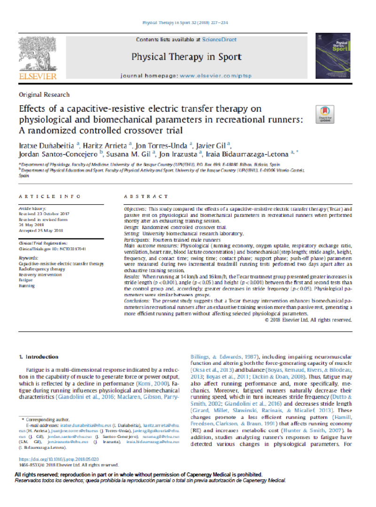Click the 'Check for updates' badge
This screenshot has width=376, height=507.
pyautogui.click(x=325, y=114)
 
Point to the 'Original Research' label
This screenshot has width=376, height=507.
pyautogui.click(x=44, y=94)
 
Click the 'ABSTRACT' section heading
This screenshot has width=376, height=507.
pyautogui.click(x=146, y=196)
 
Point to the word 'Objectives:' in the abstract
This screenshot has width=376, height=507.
pyautogui.click(x=135, y=208)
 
